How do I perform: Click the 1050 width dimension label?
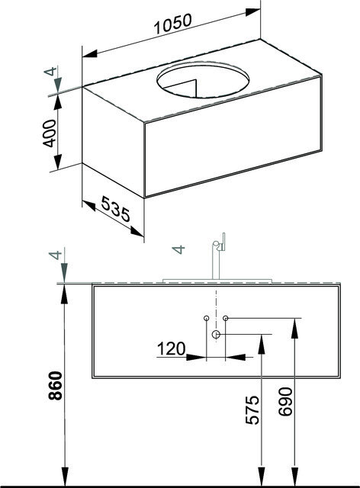(x=173, y=24)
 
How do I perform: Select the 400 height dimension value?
(x=50, y=133)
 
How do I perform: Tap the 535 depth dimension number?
(x=115, y=208)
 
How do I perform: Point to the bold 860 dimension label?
(x=56, y=385)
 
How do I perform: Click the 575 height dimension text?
(x=252, y=410)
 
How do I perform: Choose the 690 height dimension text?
(x=285, y=402)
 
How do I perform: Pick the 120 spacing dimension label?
(x=172, y=348)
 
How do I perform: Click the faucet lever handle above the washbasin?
(x=223, y=242)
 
